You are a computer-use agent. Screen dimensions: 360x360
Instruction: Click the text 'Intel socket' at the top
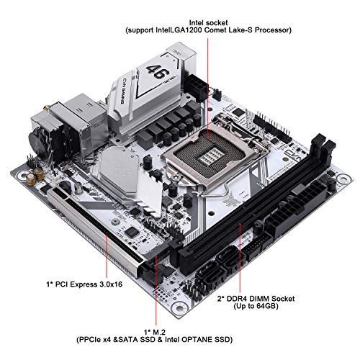point(208,23)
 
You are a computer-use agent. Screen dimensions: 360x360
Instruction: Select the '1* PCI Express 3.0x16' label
point(84,284)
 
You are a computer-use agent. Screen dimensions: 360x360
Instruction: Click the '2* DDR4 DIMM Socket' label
point(256,299)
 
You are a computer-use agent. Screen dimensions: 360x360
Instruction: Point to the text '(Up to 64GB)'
point(256,306)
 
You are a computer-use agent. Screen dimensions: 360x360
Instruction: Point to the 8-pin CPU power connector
point(196,86)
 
